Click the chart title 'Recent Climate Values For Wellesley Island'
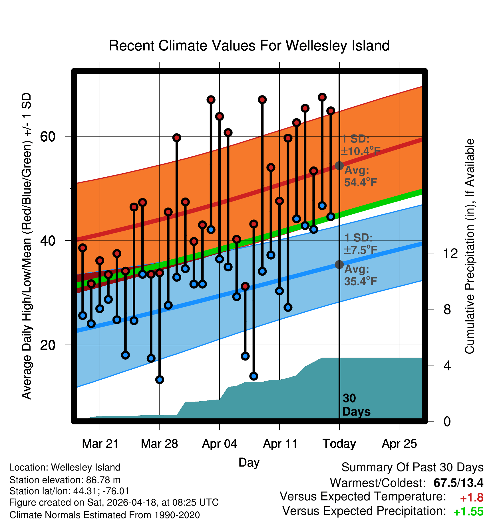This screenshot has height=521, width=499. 249,46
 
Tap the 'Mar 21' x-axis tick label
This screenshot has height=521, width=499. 100,443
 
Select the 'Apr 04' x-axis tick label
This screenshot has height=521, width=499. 220,443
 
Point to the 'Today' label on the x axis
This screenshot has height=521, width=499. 339,443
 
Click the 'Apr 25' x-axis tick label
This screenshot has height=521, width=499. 399,443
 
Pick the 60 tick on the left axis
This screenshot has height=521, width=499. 48,137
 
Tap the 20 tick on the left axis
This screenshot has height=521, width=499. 48,345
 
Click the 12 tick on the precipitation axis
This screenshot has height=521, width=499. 450,253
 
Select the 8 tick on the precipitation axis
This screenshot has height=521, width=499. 447,309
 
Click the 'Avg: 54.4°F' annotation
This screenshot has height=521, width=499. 361,176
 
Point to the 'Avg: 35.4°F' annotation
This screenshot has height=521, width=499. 361,275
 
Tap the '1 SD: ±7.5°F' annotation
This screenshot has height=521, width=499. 361,244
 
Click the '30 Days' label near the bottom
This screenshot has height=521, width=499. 356,405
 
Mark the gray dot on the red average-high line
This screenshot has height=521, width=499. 339,166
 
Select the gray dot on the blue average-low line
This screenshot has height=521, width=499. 339,264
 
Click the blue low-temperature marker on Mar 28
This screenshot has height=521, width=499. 160,379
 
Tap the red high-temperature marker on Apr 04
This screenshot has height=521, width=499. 220,116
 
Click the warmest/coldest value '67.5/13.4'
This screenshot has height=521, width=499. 458,483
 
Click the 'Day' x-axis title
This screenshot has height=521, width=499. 249,462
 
